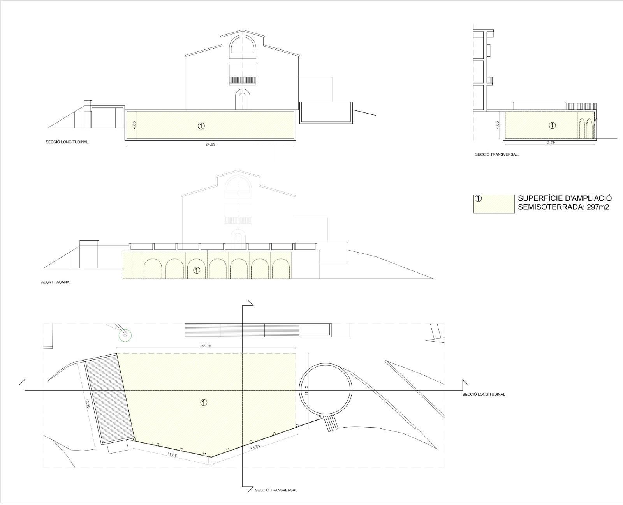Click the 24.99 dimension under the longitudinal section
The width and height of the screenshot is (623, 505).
point(210,144)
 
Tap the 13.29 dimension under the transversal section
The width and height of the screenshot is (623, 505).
point(550,143)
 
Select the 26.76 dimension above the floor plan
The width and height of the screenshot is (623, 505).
point(206,346)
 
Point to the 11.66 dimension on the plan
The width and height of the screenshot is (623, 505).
point(172,455)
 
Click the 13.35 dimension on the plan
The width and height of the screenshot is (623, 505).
point(255,447)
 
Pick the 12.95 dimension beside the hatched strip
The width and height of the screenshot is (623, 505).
point(88,403)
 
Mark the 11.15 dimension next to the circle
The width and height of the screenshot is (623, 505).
point(306,391)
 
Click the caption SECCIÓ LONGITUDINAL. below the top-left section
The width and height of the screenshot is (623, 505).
point(68,142)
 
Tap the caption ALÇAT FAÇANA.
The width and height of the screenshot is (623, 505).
point(56,282)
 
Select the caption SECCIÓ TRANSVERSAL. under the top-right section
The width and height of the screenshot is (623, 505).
point(497,154)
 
